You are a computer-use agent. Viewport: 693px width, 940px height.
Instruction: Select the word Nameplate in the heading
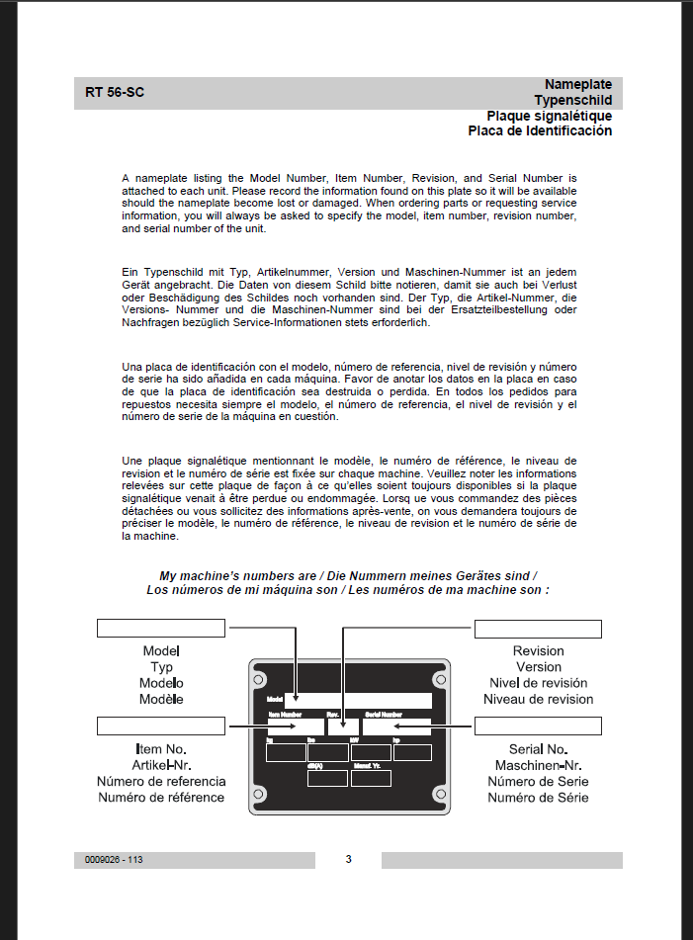(x=577, y=85)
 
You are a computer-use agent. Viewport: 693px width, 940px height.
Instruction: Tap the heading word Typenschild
(x=572, y=100)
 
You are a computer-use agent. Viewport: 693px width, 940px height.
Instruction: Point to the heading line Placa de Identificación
(x=540, y=130)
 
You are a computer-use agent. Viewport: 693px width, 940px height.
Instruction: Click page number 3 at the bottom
(x=348, y=859)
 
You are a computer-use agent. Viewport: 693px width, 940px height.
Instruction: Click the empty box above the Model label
(x=162, y=629)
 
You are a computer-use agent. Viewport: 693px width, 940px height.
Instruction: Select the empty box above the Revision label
(x=538, y=629)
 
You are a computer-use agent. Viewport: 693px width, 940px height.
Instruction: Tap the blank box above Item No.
(x=161, y=727)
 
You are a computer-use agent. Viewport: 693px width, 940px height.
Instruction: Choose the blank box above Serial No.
(x=538, y=727)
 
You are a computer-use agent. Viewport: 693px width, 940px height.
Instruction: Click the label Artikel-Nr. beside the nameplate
(x=161, y=765)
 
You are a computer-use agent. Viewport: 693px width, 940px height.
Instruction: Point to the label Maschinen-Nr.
(x=538, y=765)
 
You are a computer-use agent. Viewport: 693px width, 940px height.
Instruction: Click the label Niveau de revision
(x=538, y=699)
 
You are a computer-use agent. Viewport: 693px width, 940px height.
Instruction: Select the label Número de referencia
(x=161, y=781)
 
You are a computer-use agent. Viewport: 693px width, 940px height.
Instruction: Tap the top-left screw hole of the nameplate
(x=258, y=680)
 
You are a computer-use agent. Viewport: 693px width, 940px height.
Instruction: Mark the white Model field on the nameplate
(x=358, y=700)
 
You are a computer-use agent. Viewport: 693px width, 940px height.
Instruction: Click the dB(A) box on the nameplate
(x=327, y=778)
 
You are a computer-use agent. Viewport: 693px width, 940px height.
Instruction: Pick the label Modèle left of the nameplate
(x=161, y=699)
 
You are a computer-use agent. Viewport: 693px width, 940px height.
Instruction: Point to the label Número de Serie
(x=538, y=781)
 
